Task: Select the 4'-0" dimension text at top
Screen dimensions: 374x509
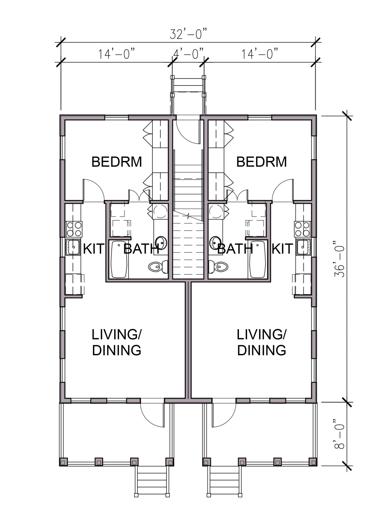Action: pos(188,54)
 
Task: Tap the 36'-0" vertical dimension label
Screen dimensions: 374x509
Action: pos(340,259)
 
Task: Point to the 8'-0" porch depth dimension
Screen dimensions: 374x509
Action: pos(340,433)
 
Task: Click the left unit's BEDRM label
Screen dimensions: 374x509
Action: pos(116,162)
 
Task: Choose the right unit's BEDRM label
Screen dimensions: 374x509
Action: pos(261,162)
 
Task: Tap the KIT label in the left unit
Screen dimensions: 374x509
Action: pos(93,249)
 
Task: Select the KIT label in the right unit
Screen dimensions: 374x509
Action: pos(282,249)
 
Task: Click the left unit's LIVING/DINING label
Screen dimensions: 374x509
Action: pos(116,342)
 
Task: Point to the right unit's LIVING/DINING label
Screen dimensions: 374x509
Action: pos(261,342)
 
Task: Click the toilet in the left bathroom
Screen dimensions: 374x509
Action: pos(158,267)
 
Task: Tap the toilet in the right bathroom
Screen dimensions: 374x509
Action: pos(218,267)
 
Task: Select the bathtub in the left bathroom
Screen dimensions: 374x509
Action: pos(119,259)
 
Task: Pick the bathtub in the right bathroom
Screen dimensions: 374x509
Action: pos(257,259)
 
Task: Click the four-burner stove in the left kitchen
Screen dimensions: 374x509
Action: pos(74,229)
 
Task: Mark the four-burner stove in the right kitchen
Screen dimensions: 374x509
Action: pos(303,229)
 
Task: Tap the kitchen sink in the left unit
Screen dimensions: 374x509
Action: pos(73,247)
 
